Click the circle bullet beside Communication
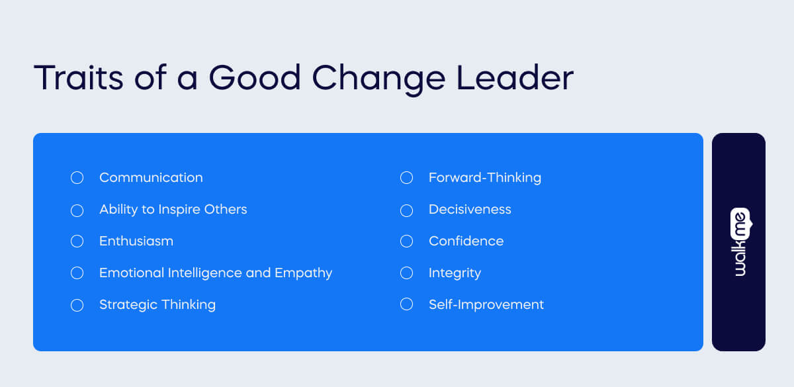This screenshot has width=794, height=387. [77, 178]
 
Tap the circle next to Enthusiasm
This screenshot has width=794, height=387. [77, 241]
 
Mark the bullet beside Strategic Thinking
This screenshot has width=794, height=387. [77, 305]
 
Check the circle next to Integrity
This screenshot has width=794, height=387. [406, 273]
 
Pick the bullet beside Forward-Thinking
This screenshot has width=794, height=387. [406, 178]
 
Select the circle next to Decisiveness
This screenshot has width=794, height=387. [406, 210]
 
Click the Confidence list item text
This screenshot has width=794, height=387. [466, 241]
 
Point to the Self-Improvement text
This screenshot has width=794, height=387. [486, 305]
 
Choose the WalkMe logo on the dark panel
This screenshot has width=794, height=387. [739, 242]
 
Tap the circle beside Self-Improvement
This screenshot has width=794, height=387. [406, 305]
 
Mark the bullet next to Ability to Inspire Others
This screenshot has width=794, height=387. [77, 210]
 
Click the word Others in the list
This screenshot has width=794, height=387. [227, 210]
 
